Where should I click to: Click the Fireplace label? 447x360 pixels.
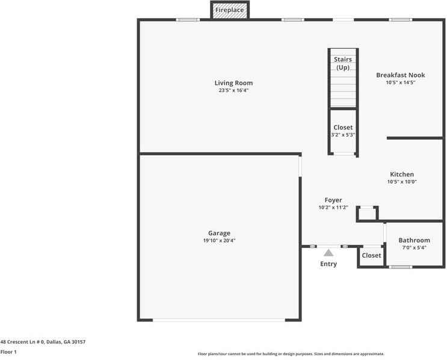(x=229, y=10)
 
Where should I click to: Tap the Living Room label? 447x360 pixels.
(x=233, y=83)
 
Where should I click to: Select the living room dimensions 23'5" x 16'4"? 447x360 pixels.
(x=233, y=91)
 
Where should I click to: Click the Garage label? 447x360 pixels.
(x=219, y=233)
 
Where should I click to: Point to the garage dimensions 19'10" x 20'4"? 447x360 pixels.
(x=219, y=241)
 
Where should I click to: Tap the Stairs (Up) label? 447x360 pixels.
(x=342, y=63)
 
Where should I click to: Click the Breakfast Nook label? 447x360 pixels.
(x=400, y=75)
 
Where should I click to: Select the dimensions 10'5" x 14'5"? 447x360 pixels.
(x=400, y=82)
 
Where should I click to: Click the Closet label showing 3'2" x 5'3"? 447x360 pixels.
(x=343, y=128)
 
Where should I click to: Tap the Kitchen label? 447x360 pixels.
(x=402, y=175)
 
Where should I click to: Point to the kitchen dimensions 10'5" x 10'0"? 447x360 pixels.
(x=402, y=182)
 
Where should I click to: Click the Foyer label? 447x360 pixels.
(x=333, y=200)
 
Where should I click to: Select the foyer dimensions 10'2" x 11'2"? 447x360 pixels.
(x=333, y=208)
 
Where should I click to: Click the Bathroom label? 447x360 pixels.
(x=414, y=240)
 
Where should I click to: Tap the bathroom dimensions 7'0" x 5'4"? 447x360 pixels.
(x=414, y=247)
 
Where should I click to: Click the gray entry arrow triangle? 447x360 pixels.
(x=328, y=253)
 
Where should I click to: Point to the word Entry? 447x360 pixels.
(x=328, y=264)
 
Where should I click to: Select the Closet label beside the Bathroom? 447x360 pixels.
(x=371, y=255)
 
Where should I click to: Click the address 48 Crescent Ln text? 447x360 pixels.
(x=43, y=342)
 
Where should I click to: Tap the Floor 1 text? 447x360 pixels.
(x=8, y=352)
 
